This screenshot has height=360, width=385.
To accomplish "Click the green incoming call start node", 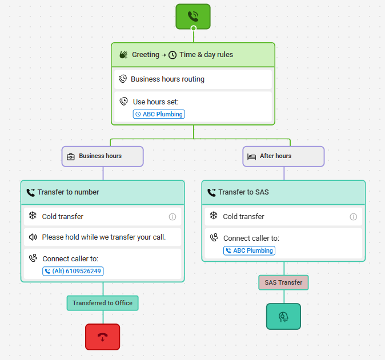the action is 193,17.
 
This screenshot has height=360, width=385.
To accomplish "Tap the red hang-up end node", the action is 103,337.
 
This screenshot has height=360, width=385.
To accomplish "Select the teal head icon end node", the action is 283,316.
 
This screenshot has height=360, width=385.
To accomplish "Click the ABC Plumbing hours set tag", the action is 159,114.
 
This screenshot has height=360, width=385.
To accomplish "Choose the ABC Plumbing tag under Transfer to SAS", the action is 249,250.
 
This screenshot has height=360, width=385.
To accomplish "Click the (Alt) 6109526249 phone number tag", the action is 73,271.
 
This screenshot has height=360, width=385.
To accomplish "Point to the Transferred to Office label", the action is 103,303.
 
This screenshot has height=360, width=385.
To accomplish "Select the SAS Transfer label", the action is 283,282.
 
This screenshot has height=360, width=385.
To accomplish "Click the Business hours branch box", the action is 103,156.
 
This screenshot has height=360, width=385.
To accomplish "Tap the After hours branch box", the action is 283,156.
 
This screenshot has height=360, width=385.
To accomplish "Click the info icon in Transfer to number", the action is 173,217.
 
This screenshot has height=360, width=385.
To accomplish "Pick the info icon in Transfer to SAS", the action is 354,217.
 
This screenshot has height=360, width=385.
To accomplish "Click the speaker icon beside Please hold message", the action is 33,237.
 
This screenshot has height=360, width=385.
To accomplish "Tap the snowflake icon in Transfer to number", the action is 33,216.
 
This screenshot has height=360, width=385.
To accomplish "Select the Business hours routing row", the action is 193,79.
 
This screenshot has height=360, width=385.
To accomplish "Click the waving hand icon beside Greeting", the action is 123,55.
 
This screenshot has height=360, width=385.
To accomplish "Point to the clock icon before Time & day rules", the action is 173,55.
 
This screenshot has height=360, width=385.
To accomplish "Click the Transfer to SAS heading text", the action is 243,192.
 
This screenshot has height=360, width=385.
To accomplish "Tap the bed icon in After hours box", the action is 252,157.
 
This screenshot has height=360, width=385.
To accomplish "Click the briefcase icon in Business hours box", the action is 71,157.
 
